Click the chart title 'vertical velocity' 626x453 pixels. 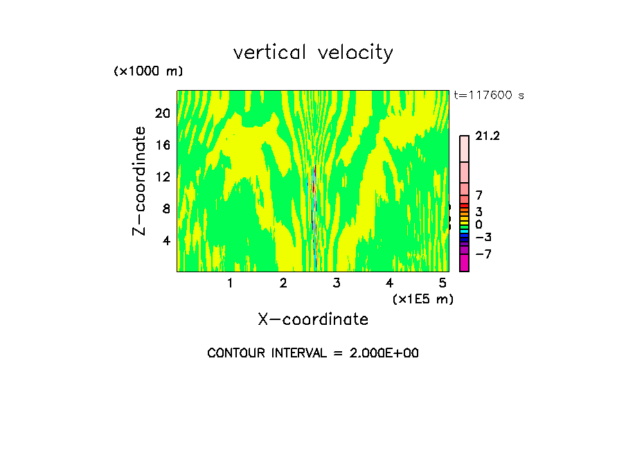[313, 53]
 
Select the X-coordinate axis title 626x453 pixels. [313, 319]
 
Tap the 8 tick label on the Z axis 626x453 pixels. [166, 208]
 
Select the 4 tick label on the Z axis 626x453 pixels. [166, 240]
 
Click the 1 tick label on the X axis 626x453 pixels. [230, 283]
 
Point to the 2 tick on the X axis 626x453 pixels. [283, 283]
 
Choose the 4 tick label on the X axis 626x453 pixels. [389, 283]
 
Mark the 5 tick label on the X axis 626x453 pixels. [442, 283]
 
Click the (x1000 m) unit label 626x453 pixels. [147, 72]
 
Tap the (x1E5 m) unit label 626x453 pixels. [422, 299]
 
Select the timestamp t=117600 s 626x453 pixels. [489, 96]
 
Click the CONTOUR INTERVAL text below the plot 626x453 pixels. [313, 353]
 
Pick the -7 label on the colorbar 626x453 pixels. [483, 254]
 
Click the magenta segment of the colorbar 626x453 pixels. [464, 263]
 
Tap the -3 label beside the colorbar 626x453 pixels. [483, 238]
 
